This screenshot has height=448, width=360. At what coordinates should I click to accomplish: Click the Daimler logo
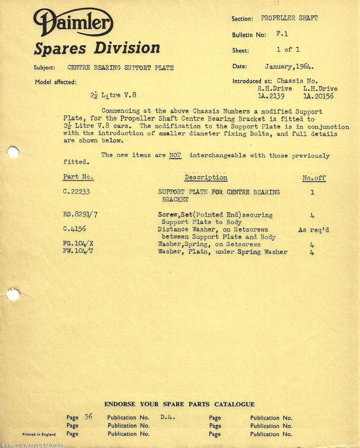(x=73, y=22)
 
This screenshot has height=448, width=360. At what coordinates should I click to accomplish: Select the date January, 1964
(x=290, y=67)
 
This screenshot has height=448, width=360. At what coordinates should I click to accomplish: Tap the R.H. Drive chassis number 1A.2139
(x=271, y=96)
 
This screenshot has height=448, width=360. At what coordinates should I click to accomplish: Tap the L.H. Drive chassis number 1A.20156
(x=319, y=96)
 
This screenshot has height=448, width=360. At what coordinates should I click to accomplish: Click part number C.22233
(x=76, y=192)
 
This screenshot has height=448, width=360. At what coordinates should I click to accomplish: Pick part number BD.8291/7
(x=80, y=214)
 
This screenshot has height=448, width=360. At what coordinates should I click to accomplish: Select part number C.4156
(x=74, y=229)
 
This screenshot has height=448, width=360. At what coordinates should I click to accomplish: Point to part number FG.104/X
(x=78, y=244)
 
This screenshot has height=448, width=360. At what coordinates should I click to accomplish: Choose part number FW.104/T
(x=78, y=251)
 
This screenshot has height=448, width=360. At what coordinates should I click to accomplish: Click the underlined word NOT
(x=175, y=155)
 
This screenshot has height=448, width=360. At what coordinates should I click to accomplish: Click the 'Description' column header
(x=206, y=177)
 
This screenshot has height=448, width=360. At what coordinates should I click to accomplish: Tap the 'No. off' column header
(x=314, y=178)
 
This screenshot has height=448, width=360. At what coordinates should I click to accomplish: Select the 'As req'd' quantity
(x=314, y=230)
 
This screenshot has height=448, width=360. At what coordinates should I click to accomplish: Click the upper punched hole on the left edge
(x=13, y=152)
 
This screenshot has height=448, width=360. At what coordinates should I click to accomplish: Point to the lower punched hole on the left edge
(x=13, y=295)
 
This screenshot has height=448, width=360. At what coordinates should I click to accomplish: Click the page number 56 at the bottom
(x=89, y=417)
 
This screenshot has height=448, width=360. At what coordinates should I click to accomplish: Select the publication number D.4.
(x=167, y=417)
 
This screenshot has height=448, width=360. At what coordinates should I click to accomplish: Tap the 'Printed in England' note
(x=39, y=434)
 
